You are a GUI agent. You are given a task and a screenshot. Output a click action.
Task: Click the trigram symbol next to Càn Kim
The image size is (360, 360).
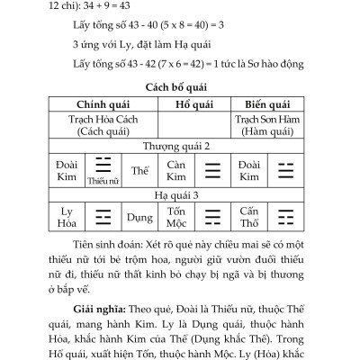pyautogui.click(x=212, y=169)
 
